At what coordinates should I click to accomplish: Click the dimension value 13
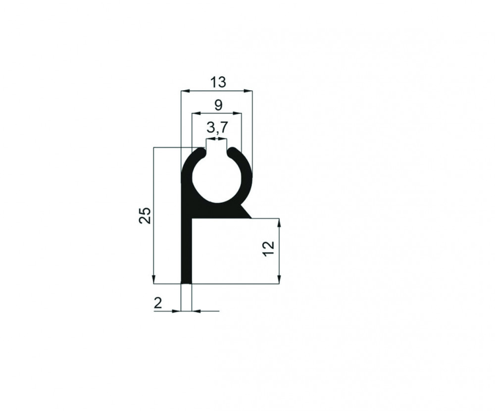pos(218,82)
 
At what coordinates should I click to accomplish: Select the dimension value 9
pos(218,105)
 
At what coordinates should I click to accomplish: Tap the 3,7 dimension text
pos(217,128)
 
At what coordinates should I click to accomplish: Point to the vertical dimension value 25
pos(145,215)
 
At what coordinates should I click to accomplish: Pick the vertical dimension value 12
pos(269,249)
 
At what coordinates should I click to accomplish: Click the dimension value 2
pos(158,303)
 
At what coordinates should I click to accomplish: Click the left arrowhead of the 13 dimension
pos(185,91)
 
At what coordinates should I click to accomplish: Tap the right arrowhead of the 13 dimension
pos(248,91)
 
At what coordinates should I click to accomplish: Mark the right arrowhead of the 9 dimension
pos(238,113)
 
